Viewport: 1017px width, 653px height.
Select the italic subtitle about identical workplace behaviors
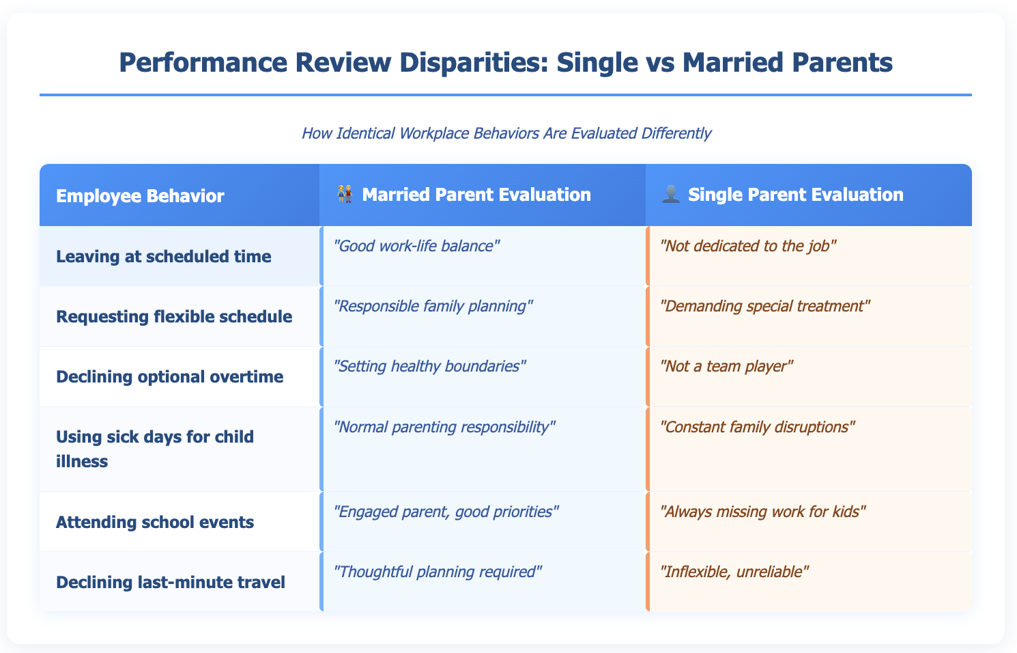(x=506, y=133)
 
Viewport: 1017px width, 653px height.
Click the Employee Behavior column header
(x=140, y=196)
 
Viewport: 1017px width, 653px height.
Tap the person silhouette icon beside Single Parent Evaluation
(x=672, y=195)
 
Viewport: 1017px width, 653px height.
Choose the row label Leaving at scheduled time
(x=164, y=257)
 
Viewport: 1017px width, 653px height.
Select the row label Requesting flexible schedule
(x=174, y=316)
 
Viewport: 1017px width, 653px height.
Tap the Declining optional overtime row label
(x=170, y=376)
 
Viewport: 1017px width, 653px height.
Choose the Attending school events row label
(x=155, y=522)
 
